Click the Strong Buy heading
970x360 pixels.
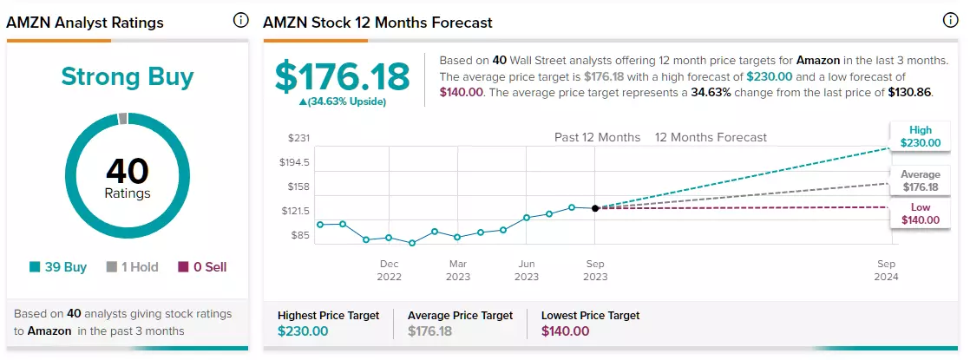coord(128,76)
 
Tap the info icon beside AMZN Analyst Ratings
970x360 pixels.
coord(240,21)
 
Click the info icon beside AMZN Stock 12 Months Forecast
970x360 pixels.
coord(950,21)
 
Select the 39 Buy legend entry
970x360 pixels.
coord(58,267)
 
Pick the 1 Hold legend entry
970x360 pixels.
coord(133,267)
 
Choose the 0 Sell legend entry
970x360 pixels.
coord(202,267)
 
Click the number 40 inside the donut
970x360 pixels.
coord(128,172)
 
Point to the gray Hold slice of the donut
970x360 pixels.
coord(122,118)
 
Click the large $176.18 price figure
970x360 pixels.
coord(342,76)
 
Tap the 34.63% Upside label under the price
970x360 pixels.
coord(342,102)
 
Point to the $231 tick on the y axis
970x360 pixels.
coord(298,138)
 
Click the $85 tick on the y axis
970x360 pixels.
coord(300,235)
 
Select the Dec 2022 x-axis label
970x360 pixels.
coord(389,271)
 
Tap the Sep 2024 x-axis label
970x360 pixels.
coord(886,271)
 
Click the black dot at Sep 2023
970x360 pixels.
coord(595,208)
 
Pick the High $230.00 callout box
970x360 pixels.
coord(920,137)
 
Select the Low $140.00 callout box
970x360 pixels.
coord(920,213)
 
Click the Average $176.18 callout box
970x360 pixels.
coord(920,180)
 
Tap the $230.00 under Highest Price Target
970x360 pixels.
coord(303,331)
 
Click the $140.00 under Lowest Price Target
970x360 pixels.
coord(566,331)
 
